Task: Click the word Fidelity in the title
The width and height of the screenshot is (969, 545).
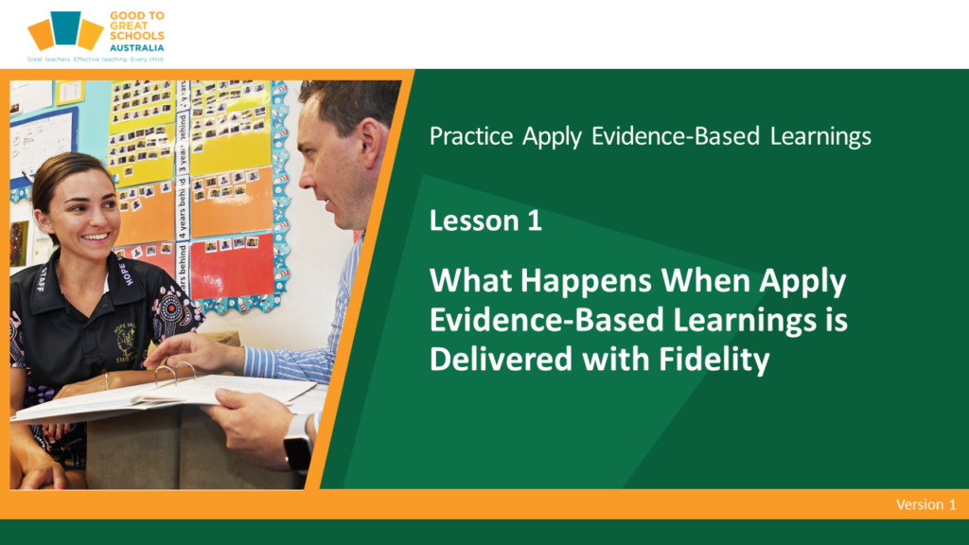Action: coord(714,360)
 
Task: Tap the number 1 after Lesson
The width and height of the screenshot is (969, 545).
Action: coord(535,221)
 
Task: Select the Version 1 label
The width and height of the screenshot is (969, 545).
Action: coord(925,505)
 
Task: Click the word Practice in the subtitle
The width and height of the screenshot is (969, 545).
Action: coord(471,136)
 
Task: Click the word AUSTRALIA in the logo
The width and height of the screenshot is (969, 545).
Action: coord(137,47)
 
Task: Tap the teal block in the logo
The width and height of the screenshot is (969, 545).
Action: coord(66,27)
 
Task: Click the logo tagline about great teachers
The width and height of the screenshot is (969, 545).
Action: coord(96,60)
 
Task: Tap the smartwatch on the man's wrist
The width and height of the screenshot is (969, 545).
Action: coord(297,444)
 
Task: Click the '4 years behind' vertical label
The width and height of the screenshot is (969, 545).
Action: coord(183,208)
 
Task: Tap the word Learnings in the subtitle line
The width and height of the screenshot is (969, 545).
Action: coord(820,136)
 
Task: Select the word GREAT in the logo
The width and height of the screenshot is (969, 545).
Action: coord(129,26)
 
